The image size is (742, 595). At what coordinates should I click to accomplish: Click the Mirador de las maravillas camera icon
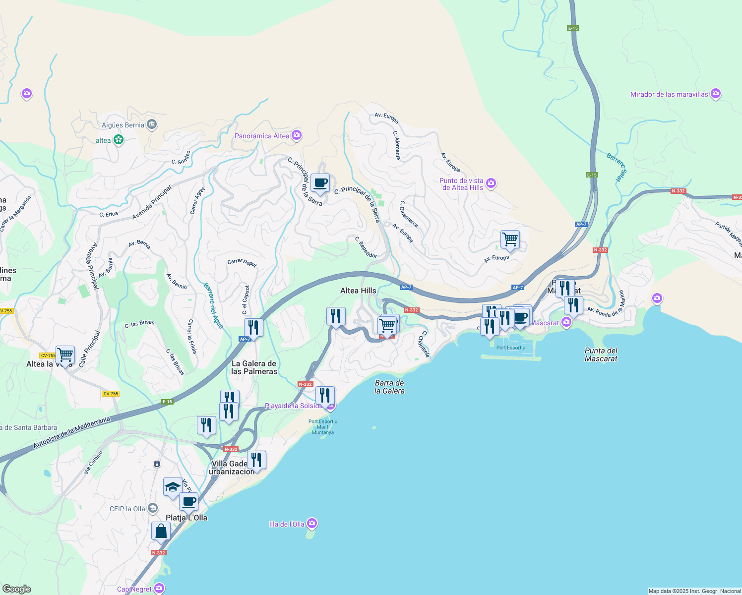pyautogui.click(x=715, y=94)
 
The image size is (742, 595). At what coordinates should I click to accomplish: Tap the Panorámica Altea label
pyautogui.click(x=261, y=136)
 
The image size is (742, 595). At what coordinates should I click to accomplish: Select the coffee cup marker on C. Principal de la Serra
pyautogui.click(x=320, y=183)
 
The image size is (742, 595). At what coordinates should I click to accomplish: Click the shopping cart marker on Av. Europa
pyautogui.click(x=510, y=239)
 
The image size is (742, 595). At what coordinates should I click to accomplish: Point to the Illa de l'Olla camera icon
pyautogui.click(x=311, y=524)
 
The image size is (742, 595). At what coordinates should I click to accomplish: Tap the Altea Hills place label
pyautogui.click(x=358, y=291)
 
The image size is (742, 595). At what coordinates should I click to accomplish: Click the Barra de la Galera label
pyautogui.click(x=389, y=387)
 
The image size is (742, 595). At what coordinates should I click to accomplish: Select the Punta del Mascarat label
pyautogui.click(x=601, y=355)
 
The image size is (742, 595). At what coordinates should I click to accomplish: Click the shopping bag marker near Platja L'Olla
pyautogui.click(x=161, y=532)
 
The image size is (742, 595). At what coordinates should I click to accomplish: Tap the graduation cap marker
pyautogui.click(x=173, y=487)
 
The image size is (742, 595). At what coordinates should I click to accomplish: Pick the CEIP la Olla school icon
pyautogui.click(x=153, y=508)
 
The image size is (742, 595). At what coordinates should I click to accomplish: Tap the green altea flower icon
pyautogui.click(x=119, y=140)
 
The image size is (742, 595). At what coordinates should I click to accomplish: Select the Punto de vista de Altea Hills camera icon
pyautogui.click(x=491, y=183)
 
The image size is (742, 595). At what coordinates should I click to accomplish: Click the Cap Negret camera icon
pyautogui.click(x=159, y=589)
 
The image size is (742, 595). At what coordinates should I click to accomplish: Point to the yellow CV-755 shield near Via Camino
pyautogui.click(x=111, y=394)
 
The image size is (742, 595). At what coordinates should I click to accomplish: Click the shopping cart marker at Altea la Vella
pyautogui.click(x=65, y=355)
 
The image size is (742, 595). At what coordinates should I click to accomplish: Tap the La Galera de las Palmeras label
pyautogui.click(x=254, y=367)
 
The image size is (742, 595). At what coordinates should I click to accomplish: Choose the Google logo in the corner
pyautogui.click(x=16, y=589)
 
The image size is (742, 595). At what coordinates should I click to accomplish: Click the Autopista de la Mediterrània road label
pyautogui.click(x=71, y=433)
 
